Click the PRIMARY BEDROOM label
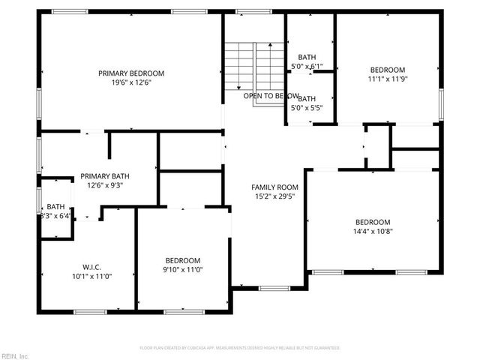(131, 73)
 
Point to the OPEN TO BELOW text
(271, 96)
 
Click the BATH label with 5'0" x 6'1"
(307, 57)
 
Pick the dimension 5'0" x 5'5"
(307, 107)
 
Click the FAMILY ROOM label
(274, 187)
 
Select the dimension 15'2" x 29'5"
(274, 198)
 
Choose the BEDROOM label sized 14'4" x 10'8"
(373, 222)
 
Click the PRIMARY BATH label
(100, 175)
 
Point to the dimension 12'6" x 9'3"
(100, 185)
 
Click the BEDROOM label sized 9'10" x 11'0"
(183, 260)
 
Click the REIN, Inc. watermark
(15, 355)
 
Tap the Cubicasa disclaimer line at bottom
(240, 348)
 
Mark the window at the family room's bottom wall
(269, 289)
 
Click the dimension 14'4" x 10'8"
(373, 232)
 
